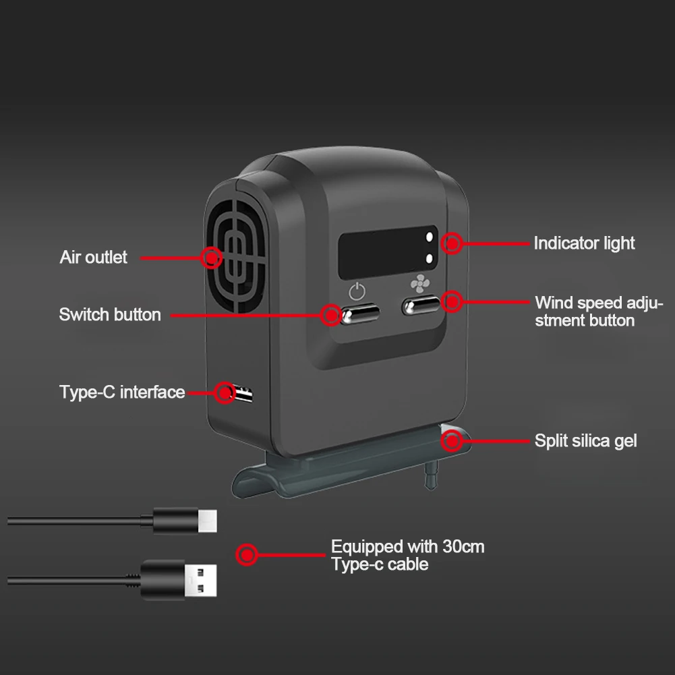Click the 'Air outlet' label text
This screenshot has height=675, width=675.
(x=94, y=258)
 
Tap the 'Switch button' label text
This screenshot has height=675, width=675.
(x=110, y=315)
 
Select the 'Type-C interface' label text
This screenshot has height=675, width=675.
(x=122, y=392)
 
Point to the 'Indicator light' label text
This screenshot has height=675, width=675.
(x=584, y=243)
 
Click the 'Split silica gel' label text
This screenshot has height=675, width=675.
(x=585, y=441)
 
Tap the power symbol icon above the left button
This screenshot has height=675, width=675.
(x=357, y=291)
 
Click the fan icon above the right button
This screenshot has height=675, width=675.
(x=419, y=284)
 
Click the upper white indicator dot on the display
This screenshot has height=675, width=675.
(x=429, y=237)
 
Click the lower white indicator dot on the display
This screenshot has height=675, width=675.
(x=429, y=258)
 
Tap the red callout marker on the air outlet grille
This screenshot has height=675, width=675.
(x=211, y=258)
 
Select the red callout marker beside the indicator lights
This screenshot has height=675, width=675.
(x=452, y=243)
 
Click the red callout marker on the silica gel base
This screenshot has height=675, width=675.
(x=452, y=441)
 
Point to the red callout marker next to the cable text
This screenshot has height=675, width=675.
(x=247, y=554)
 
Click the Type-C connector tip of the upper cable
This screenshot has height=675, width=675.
(x=208, y=521)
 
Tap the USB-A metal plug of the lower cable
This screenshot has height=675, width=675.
(x=200, y=581)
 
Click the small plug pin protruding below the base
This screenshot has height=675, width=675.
(x=431, y=475)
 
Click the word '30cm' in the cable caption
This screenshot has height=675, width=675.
(x=463, y=547)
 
